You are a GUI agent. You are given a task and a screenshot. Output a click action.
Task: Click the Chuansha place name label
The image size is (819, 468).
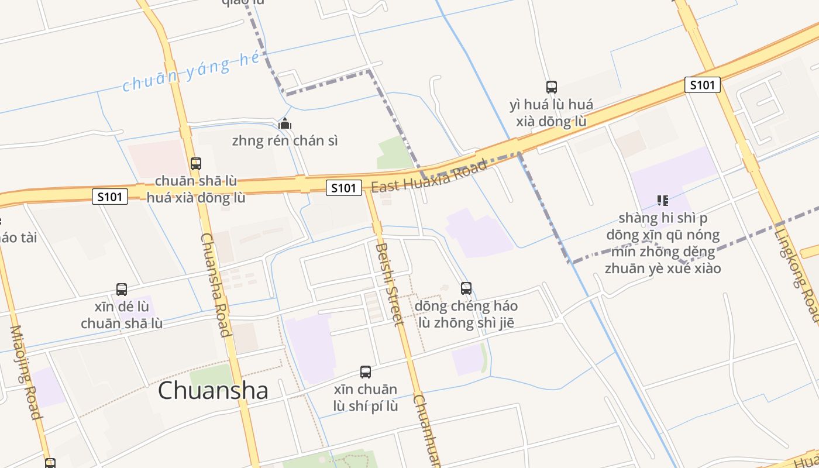coord(213,391)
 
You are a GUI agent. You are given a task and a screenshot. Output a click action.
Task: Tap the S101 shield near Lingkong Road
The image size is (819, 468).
coord(702,85)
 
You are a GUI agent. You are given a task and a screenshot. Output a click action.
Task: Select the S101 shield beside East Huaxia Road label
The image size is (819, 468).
coord(343,188)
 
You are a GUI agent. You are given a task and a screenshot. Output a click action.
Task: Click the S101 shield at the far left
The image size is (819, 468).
coord(110,197)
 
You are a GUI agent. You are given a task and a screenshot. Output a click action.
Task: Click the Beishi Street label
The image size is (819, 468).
coord(390,284)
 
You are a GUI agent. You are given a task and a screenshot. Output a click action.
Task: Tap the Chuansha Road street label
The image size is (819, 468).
coord(215,285)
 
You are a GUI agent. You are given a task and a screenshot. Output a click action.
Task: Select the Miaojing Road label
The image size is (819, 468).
coord(26,372)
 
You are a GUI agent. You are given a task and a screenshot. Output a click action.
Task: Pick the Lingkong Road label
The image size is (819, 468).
coord(797,275)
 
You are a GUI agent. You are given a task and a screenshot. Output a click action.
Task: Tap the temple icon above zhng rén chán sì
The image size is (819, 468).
coord(285,124)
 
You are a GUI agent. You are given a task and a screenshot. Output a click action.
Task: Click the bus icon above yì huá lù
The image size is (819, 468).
coord(551,87)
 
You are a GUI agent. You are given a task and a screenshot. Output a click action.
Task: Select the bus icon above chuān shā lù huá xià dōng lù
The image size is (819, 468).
coord(196,164)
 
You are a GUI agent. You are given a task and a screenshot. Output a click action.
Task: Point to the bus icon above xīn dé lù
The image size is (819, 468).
coord(122,289)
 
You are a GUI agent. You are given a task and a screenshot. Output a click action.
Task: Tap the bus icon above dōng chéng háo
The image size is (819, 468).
coord(466,288)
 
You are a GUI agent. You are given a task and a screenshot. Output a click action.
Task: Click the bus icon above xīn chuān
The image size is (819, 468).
coord(366,372)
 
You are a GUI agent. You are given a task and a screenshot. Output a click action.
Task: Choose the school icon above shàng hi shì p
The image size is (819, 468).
coord(663,201)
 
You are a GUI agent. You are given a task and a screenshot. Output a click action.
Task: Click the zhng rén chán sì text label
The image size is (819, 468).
coord(285,141)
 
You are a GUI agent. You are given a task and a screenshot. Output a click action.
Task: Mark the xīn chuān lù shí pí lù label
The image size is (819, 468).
coord(366,398)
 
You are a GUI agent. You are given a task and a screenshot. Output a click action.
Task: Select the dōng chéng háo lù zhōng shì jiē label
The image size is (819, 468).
coord(466,314)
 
